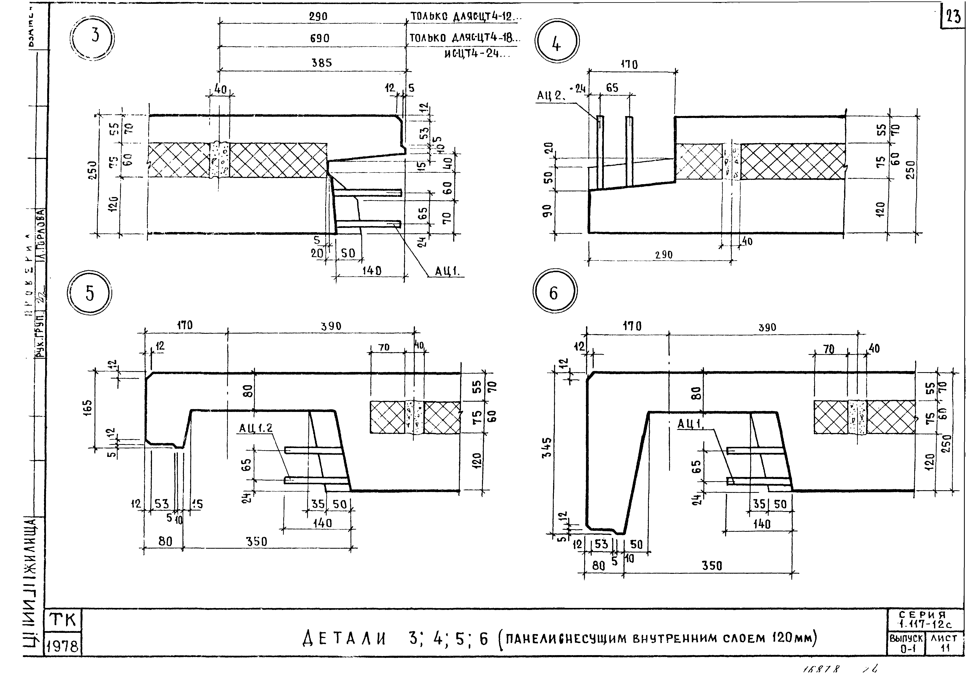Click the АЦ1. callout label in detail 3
pos(448,272)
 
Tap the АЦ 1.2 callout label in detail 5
pos(256,428)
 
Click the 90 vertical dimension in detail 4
pos(547,211)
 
